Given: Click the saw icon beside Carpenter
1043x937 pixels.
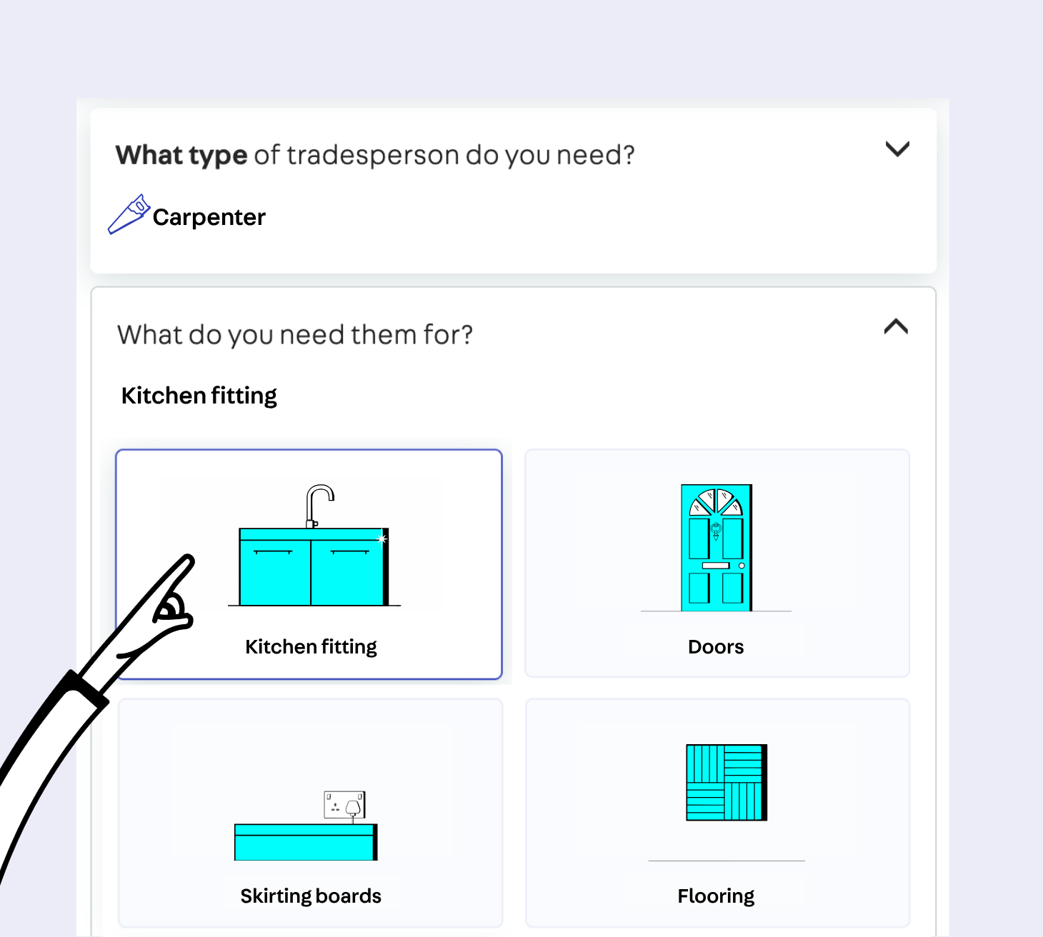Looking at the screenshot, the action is [x=129, y=214].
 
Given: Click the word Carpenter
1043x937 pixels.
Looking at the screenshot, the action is [x=209, y=217].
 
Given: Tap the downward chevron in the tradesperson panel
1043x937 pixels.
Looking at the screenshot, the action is [x=897, y=149].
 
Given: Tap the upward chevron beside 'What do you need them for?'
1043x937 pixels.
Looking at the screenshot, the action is [x=897, y=326].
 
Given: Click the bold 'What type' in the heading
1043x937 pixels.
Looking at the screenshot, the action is [x=181, y=155].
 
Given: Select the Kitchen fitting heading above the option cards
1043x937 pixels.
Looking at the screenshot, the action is [x=199, y=396].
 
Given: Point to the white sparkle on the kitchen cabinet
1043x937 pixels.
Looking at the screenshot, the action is [x=381, y=539].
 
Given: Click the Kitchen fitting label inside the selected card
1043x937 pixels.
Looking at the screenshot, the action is [x=311, y=647].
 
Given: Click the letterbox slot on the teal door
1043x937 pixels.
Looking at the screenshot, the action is [x=716, y=566].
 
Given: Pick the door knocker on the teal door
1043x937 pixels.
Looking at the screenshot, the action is [x=716, y=531].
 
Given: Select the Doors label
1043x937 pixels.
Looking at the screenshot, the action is [x=716, y=646].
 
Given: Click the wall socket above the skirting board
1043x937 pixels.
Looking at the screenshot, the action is [x=344, y=805].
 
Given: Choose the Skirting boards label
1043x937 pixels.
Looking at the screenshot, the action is [x=311, y=896].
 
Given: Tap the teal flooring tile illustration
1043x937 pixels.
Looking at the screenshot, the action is [x=727, y=783].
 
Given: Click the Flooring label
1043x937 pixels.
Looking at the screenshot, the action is [x=716, y=896].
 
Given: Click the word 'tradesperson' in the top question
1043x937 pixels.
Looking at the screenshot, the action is [x=373, y=155].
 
